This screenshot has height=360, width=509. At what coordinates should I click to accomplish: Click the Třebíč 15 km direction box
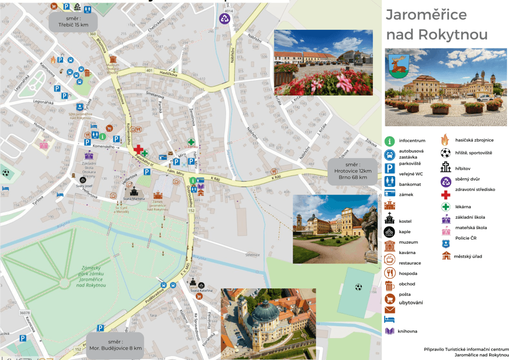73,21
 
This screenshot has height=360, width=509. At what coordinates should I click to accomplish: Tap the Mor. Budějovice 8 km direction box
115,346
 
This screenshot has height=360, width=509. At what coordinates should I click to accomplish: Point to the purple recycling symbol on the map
225,19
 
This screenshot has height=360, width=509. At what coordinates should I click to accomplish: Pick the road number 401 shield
149,71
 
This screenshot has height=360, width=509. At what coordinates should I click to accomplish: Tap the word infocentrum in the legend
412,141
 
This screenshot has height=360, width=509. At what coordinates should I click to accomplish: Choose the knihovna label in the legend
408,331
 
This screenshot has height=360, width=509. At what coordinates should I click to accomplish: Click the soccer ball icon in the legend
445,153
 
